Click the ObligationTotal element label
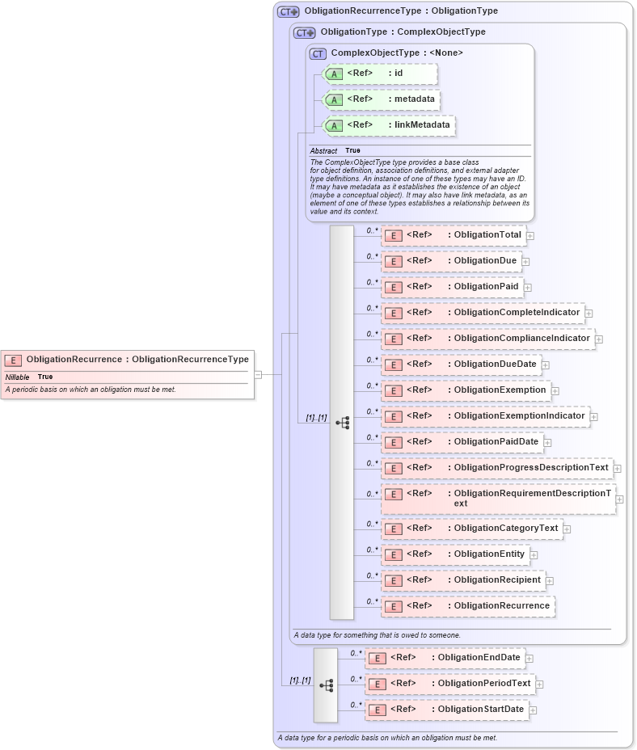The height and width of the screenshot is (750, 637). [x=487, y=235]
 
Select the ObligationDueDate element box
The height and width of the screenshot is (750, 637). [x=460, y=364]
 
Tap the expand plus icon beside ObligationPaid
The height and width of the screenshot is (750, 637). [x=528, y=287]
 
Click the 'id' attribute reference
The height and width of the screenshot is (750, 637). [x=380, y=74]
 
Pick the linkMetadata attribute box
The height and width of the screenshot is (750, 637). [x=389, y=125]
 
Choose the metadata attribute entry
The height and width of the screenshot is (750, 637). [x=382, y=99]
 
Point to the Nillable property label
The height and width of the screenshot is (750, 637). [x=17, y=377]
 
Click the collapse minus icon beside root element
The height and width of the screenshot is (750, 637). [x=258, y=375]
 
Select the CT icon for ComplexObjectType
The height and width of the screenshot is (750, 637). [x=318, y=53]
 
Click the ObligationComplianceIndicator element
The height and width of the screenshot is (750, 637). [x=487, y=339]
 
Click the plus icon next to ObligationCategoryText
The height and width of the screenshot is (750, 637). [x=567, y=529]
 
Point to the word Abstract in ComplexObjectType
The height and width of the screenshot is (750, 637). [x=323, y=151]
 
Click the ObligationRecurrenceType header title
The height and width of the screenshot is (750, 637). [x=401, y=11]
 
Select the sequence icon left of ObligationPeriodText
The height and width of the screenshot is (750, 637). [x=327, y=685]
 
